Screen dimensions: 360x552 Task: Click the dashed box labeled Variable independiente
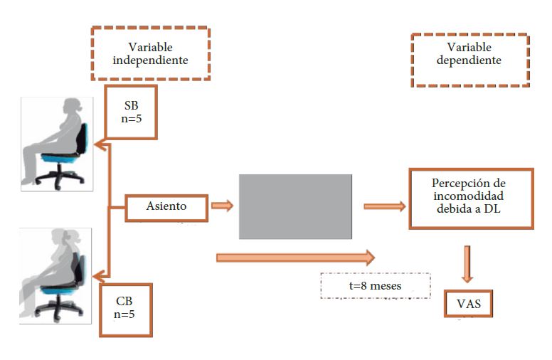pos(150,54)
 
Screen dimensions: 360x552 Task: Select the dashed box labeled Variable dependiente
pos(469,60)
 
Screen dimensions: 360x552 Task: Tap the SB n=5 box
pos(131,113)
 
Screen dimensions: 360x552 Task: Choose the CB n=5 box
pos(125,310)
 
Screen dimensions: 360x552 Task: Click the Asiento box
pos(166,206)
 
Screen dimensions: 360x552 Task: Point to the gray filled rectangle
pos(295,206)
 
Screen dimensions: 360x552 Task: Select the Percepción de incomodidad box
pos(470,199)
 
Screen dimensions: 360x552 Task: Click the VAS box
pos(467,304)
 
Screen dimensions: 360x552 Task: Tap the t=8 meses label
pos(376,285)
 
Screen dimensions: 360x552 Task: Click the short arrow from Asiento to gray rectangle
pos(222,206)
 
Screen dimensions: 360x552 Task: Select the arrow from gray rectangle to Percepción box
pos(384,206)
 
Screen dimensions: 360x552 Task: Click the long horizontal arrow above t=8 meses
pos(295,256)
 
